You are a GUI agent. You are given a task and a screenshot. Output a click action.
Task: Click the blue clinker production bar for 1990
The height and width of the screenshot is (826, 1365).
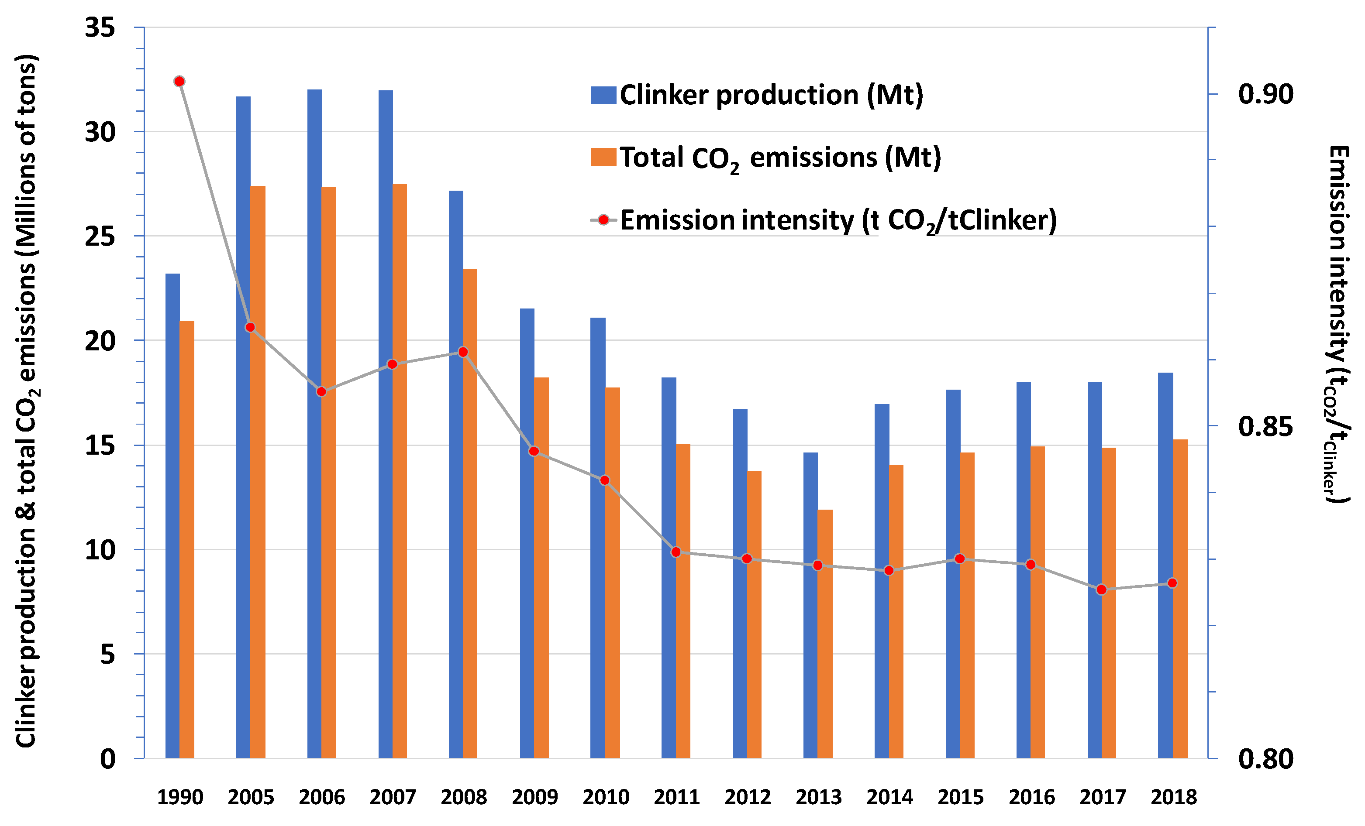pos(172,515)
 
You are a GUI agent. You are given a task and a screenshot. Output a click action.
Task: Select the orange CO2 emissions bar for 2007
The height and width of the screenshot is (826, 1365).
pos(400,470)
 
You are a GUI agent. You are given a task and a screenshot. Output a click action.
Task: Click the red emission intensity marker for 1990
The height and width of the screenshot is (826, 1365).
pos(179,82)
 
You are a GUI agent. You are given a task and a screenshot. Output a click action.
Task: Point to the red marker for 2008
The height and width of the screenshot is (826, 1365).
pos(463,352)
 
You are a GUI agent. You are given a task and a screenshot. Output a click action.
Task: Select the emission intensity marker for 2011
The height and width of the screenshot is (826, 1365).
pos(676,552)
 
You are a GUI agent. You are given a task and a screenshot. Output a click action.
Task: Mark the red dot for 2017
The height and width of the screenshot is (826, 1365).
pos(1101,590)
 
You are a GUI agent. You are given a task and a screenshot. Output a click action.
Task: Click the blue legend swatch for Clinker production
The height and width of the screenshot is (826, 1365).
pos(603,95)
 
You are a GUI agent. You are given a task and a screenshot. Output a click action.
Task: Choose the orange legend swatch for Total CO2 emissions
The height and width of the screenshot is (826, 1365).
pos(603,157)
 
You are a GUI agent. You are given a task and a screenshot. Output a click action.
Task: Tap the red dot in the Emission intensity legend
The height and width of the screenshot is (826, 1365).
pos(604,220)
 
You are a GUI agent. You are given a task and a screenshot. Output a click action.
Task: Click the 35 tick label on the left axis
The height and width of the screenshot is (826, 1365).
pos(100,27)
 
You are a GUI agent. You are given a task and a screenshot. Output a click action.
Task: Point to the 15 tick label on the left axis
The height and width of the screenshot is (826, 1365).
pos(100,446)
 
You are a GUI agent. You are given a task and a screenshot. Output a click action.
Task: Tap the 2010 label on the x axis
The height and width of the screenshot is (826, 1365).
pos(606,797)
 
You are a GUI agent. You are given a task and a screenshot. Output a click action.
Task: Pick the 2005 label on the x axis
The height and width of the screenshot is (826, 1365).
pos(250,797)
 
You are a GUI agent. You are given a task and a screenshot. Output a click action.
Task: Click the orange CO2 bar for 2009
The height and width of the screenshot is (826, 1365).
pos(541,567)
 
